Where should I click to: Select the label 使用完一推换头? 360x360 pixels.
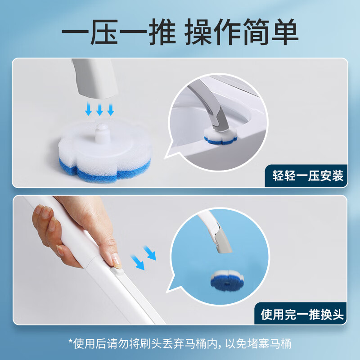pos(302,314)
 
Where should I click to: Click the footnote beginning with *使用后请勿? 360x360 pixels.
pos(180,344)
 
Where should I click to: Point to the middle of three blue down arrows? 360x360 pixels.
pos(100,109)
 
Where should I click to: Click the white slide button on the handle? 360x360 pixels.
pos(118,270)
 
